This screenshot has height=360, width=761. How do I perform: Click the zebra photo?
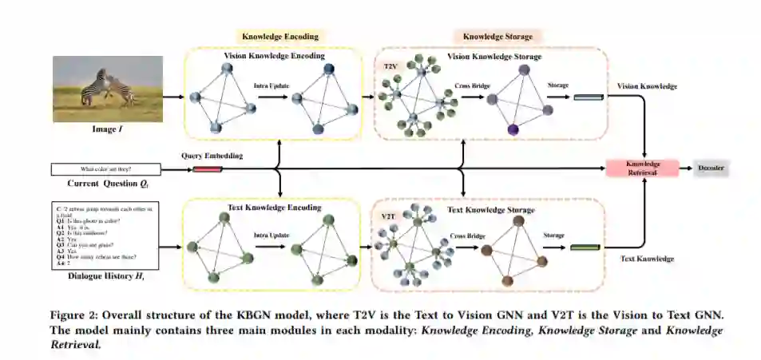[x=107, y=88]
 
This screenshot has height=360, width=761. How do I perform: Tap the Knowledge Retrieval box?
[x=642, y=167]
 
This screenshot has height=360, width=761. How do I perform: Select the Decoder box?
[x=711, y=168]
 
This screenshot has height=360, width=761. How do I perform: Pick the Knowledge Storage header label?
[x=497, y=37]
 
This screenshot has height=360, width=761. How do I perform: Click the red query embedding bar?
[x=207, y=169]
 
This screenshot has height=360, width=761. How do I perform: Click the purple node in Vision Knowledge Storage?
[x=513, y=129]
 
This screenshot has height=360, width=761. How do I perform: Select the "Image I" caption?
[x=107, y=127]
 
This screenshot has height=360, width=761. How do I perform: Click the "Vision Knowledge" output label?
[x=648, y=85]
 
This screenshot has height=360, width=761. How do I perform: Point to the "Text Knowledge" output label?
[x=648, y=259]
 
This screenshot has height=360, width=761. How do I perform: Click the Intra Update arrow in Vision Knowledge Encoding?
[x=272, y=97]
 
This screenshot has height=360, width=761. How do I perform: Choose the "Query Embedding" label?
[x=212, y=156]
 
